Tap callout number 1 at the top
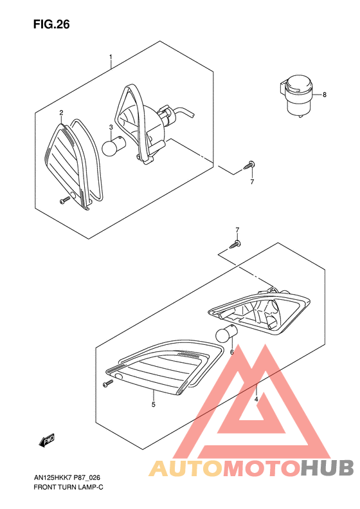(111, 57)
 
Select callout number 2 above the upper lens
(61, 113)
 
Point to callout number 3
(111, 127)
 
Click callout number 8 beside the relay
(325, 95)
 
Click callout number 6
(231, 352)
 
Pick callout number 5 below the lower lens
(153, 405)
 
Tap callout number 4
(256, 400)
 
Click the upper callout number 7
(252, 182)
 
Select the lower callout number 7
(237, 230)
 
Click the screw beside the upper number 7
(250, 166)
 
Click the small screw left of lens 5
(107, 384)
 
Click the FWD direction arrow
(48, 441)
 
